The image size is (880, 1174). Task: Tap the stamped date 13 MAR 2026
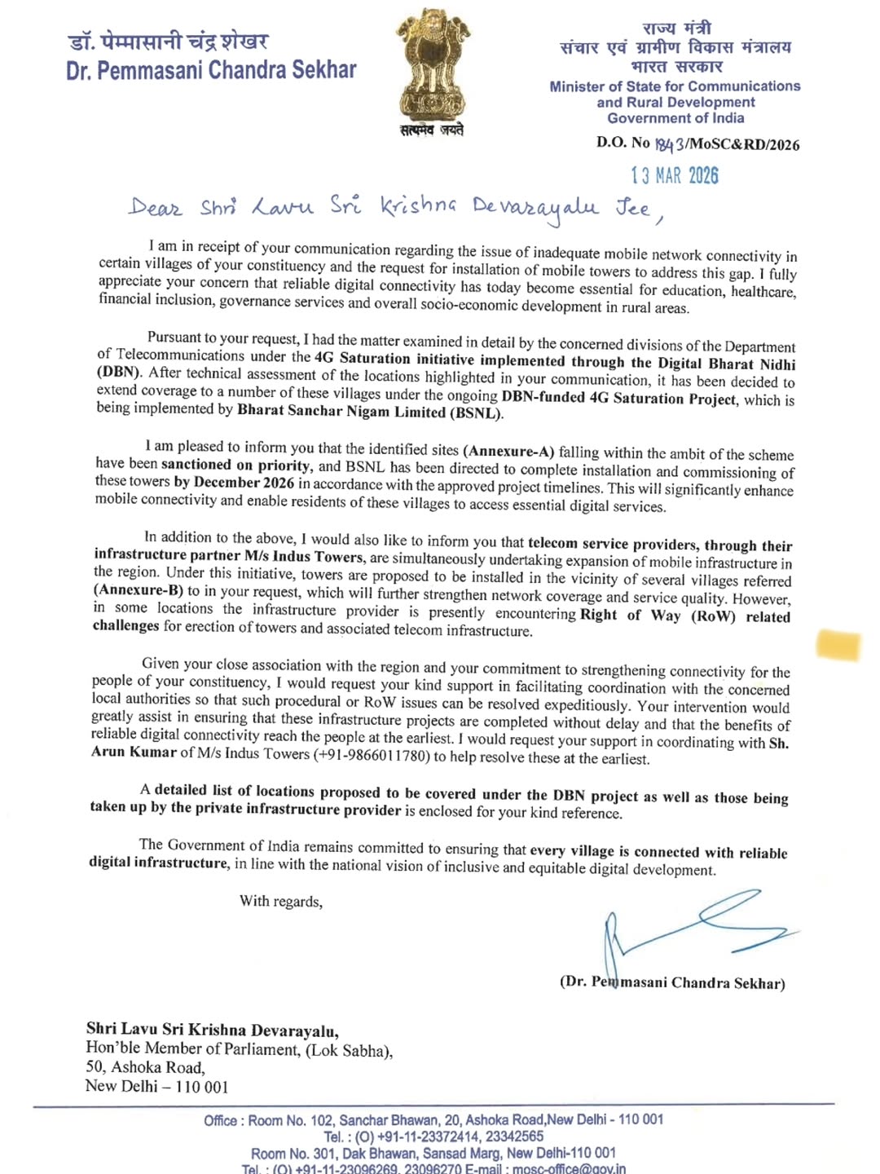click(x=675, y=175)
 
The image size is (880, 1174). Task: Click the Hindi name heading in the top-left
click(x=168, y=41)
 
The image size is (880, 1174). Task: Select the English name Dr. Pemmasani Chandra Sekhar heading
click(x=211, y=71)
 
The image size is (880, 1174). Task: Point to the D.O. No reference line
click(x=697, y=144)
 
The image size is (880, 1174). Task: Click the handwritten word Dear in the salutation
click(x=155, y=206)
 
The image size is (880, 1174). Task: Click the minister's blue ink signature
click(x=693, y=925)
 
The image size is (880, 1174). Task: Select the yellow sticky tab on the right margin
click(x=838, y=645)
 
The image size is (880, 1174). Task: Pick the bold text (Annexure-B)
click(x=138, y=589)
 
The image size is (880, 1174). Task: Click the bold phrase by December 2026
click(x=234, y=482)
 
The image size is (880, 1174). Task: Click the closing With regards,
click(x=280, y=901)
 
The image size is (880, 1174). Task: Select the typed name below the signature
click(x=672, y=982)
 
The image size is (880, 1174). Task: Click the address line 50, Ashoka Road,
click(x=145, y=1067)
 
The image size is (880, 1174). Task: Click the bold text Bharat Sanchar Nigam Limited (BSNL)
click(x=370, y=413)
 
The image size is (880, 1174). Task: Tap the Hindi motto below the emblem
click(x=432, y=130)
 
